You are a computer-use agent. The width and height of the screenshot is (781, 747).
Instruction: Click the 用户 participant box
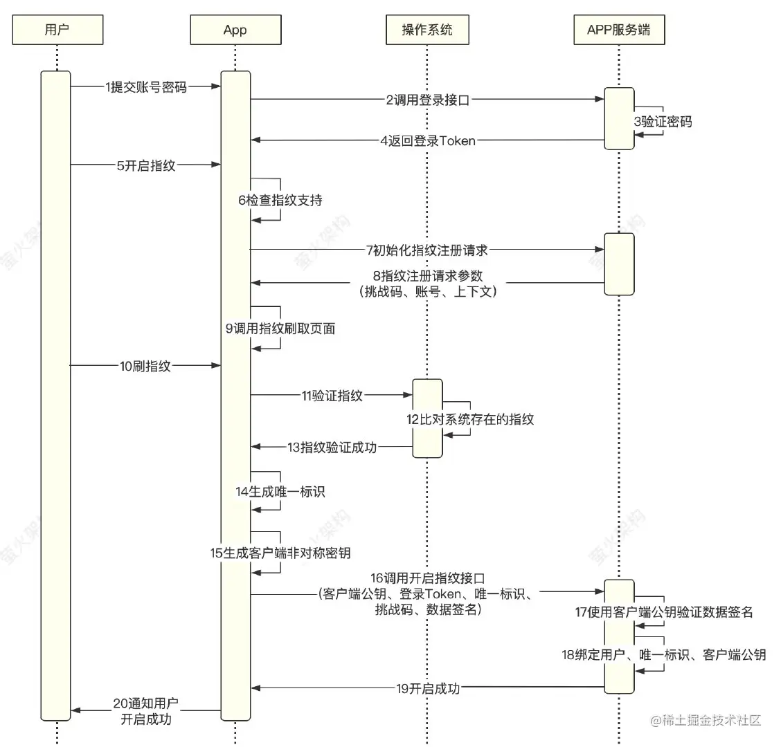tap(57, 30)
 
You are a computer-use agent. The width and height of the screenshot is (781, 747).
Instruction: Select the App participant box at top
tap(235, 30)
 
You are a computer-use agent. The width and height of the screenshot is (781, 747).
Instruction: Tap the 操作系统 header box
tap(427, 30)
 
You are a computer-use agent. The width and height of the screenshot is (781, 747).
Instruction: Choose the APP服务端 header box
tap(618, 30)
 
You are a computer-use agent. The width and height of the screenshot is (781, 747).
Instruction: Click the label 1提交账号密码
tap(146, 87)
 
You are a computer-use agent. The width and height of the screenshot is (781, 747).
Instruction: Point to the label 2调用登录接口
tap(428, 100)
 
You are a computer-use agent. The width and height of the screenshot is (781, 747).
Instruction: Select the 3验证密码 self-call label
tap(663, 122)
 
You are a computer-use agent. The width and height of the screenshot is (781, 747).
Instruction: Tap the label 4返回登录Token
tap(428, 140)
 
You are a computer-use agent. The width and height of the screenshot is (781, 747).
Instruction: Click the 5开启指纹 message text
tap(146, 166)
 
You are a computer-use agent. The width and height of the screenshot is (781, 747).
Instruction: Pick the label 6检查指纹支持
tap(280, 201)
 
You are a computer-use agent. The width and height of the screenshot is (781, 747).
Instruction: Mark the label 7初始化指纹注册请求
tap(427, 250)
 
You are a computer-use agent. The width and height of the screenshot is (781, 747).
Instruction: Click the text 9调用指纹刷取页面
tap(280, 329)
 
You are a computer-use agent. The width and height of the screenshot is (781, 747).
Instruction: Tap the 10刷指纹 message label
tap(145, 366)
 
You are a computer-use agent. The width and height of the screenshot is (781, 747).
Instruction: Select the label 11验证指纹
tap(332, 396)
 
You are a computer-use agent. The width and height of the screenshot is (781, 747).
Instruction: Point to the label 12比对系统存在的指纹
tap(470, 419)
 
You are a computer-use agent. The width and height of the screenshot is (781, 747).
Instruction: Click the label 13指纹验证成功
tap(332, 447)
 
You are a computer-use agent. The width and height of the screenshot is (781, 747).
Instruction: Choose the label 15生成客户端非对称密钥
tap(280, 553)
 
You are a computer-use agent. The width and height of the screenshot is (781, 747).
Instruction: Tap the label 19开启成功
tap(428, 688)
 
